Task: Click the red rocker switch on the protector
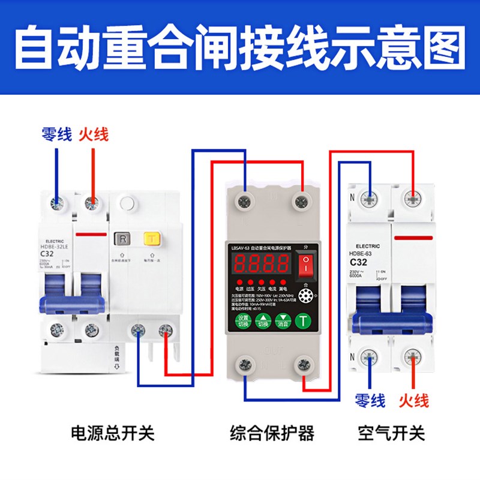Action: coord(305,263)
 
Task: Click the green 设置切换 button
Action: coord(242,320)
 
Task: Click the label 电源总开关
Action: coord(113,433)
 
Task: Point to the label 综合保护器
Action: coord(272,433)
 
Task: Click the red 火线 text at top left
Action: coord(94,134)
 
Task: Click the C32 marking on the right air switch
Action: coord(358,262)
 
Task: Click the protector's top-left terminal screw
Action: coord(245,200)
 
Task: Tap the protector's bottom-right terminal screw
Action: coord(302,364)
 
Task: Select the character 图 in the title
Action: coord(444,47)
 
